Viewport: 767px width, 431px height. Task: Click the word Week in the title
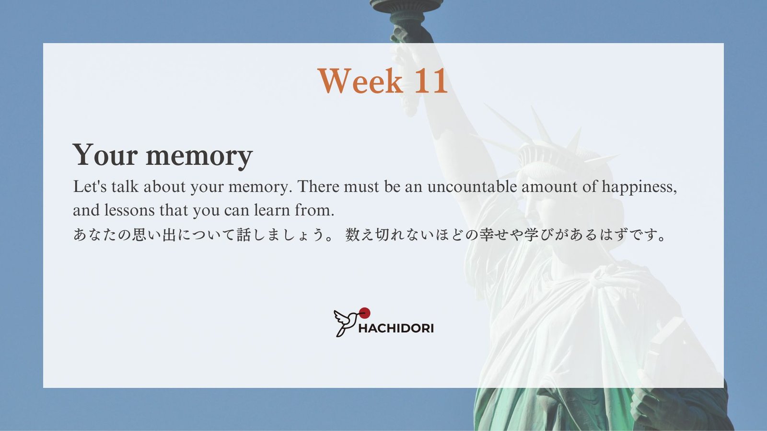tap(360, 81)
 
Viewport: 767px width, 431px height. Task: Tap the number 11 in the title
tap(431, 81)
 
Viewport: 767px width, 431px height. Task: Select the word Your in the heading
tap(105, 155)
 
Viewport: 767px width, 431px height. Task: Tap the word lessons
tap(129, 210)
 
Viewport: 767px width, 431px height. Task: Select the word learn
tap(272, 210)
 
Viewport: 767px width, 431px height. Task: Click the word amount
tap(549, 187)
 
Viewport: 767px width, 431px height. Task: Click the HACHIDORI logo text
tap(396, 329)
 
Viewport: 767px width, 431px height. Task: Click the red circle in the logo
tap(365, 313)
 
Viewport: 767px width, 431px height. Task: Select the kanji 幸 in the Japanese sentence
tap(487, 235)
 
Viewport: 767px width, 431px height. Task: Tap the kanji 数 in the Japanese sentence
tap(352, 235)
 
